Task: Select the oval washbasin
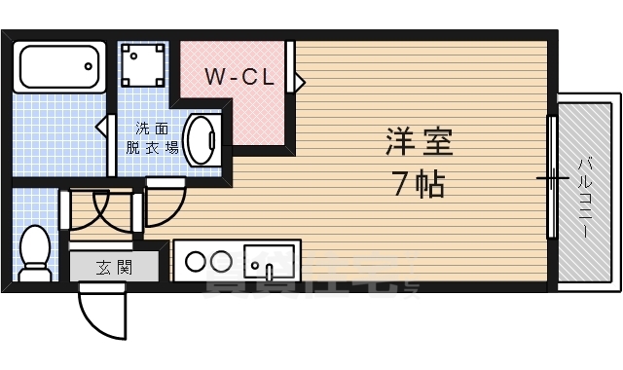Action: coord(202,139)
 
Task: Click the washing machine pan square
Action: coord(143,65)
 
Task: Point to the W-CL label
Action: coord(238,76)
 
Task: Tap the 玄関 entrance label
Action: coord(113,266)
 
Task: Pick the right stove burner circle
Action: coord(220,261)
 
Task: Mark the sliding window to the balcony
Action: coord(552,180)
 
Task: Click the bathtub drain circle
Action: coord(89,66)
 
